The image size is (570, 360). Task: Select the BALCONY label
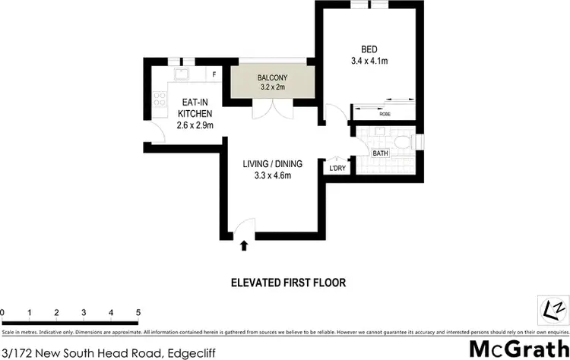(271, 77)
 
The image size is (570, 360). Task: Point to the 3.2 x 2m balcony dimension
(271, 87)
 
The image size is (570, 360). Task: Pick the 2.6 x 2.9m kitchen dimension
(195, 125)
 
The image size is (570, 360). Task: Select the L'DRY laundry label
(337, 169)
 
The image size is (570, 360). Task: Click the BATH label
(379, 153)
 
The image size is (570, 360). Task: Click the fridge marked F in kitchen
(214, 74)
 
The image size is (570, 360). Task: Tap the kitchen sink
(182, 74)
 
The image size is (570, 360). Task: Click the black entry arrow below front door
(244, 245)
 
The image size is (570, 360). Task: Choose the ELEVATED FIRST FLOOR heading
(288, 283)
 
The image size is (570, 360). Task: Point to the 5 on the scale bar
(138, 312)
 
